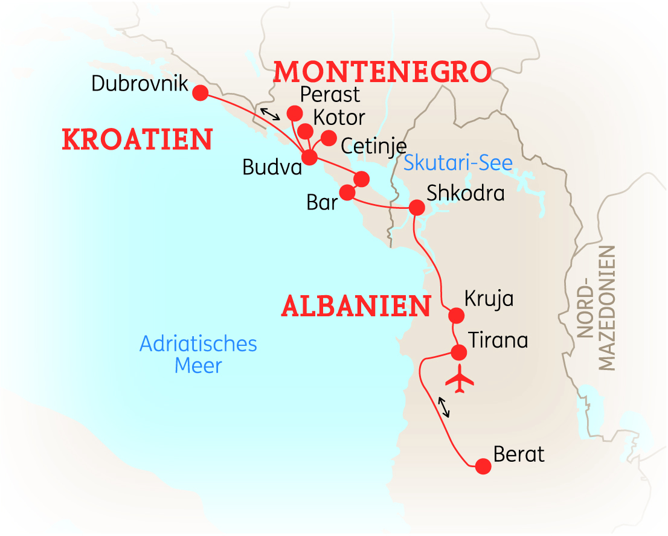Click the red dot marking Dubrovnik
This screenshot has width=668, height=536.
[x=199, y=93]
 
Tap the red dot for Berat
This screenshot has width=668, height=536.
[x=483, y=466]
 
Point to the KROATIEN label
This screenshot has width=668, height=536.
[x=137, y=139]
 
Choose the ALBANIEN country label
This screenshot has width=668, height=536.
[x=356, y=307]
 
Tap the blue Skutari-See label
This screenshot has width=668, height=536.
[x=458, y=162]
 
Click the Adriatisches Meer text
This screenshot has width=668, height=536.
[x=198, y=354]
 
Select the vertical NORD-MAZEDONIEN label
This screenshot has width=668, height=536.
[x=596, y=308]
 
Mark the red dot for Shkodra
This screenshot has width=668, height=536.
[x=417, y=208]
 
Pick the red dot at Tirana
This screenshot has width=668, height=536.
[x=459, y=352]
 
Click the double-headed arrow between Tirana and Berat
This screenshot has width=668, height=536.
[x=444, y=407]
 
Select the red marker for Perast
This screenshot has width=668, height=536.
[x=294, y=113]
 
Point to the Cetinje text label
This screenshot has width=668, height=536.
[x=373, y=145]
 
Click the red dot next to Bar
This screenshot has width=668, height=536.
[x=347, y=193]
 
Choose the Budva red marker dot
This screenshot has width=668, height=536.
[x=309, y=158]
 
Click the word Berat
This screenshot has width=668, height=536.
[x=519, y=454]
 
